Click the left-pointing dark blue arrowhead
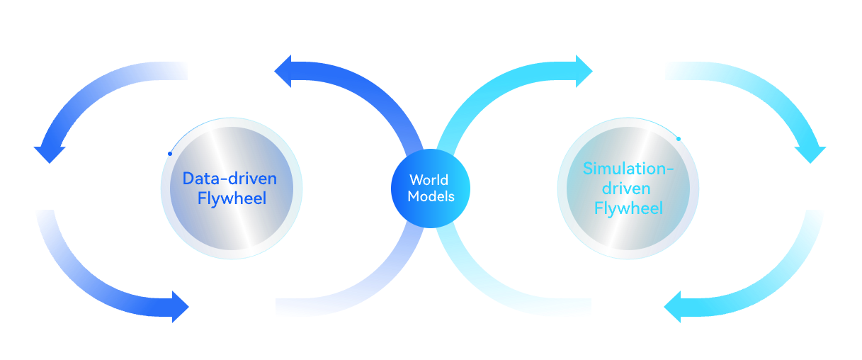pos(283,72)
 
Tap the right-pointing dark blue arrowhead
pos(180,307)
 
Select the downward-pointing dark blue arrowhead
pos(50,154)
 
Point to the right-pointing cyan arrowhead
pos(584,72)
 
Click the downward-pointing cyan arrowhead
pos(810,154)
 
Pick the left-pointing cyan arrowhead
pos(673,307)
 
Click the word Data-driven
pos(229,179)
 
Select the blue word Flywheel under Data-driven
pos(232,198)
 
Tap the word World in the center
pos(429,180)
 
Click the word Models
pos(431,197)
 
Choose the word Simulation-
pos(628,169)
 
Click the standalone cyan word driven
pos(626,189)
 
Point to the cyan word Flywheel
pos(628,208)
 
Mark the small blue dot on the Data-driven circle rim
pos(170,154)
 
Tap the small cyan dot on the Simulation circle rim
pos(679,139)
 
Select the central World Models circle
pos(430,189)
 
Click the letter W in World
pos(416,180)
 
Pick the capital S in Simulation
pos(588,169)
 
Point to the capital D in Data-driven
pos(188,179)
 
